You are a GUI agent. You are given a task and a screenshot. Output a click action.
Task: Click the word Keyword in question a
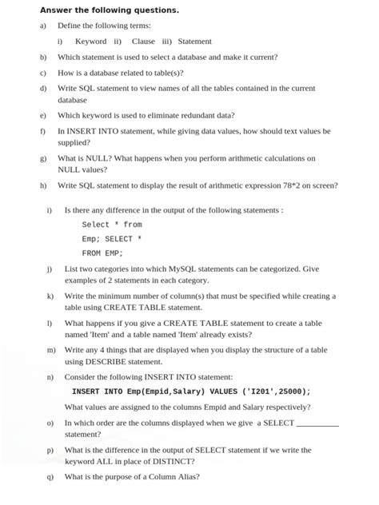tap(90, 42)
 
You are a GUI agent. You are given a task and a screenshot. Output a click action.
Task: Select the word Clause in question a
tap(143, 42)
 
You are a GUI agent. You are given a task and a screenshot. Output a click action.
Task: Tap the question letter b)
tap(43, 58)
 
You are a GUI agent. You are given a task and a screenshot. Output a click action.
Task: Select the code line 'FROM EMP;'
tap(102, 253)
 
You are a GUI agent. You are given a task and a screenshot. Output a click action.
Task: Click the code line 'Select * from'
tap(112, 225)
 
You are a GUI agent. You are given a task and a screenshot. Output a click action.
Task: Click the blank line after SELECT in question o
tap(317, 423)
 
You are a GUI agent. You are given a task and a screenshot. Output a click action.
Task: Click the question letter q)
tap(50, 477)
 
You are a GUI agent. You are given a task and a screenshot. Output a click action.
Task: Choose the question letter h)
tap(43, 185)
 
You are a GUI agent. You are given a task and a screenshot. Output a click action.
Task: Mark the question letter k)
tap(50, 296)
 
